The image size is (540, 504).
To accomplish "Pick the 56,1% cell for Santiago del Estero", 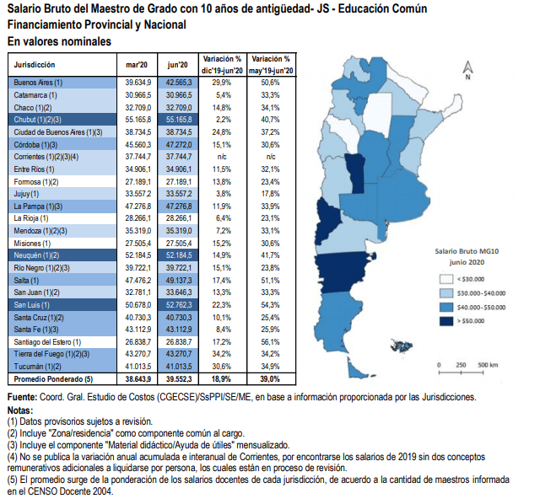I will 271,341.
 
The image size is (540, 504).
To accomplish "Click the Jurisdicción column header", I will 36,65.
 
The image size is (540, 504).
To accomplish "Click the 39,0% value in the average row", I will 271,381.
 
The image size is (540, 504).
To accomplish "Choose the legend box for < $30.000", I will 445,279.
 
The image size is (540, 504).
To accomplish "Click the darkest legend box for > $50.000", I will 445,321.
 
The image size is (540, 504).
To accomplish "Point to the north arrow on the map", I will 466,67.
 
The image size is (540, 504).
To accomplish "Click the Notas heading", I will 21,410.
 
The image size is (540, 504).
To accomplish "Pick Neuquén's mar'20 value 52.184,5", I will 137,255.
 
